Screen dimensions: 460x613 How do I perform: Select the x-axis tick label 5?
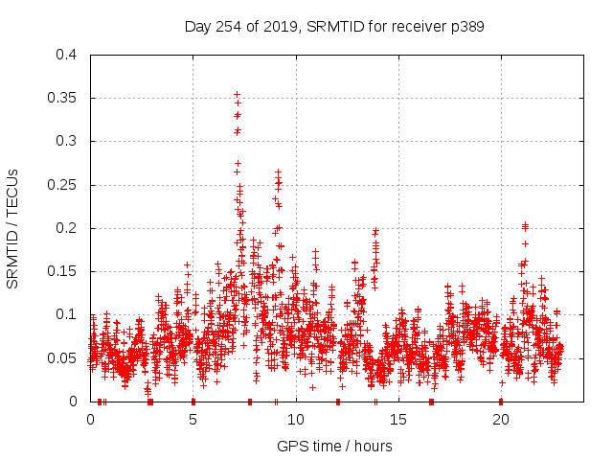[193, 419]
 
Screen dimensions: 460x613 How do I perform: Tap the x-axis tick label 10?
[296, 419]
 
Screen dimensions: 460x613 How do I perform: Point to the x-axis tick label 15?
[398, 419]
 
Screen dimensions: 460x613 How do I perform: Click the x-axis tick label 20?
[501, 419]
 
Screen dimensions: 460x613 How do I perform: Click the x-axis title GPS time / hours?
[334, 446]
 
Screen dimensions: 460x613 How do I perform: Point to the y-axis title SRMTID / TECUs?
[13, 228]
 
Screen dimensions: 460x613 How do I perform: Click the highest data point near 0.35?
[237, 94]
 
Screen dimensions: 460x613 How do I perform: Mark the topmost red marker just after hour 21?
[525, 225]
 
